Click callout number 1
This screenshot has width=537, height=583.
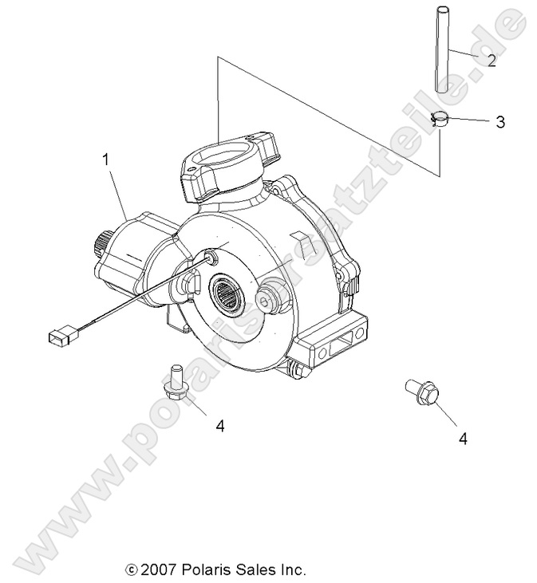click(105, 160)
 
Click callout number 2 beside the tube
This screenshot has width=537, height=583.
click(492, 61)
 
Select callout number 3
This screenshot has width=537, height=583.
click(499, 122)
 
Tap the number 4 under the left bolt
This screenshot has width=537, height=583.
click(220, 426)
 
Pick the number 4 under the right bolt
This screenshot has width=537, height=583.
click(462, 437)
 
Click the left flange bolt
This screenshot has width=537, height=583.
click(175, 380)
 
